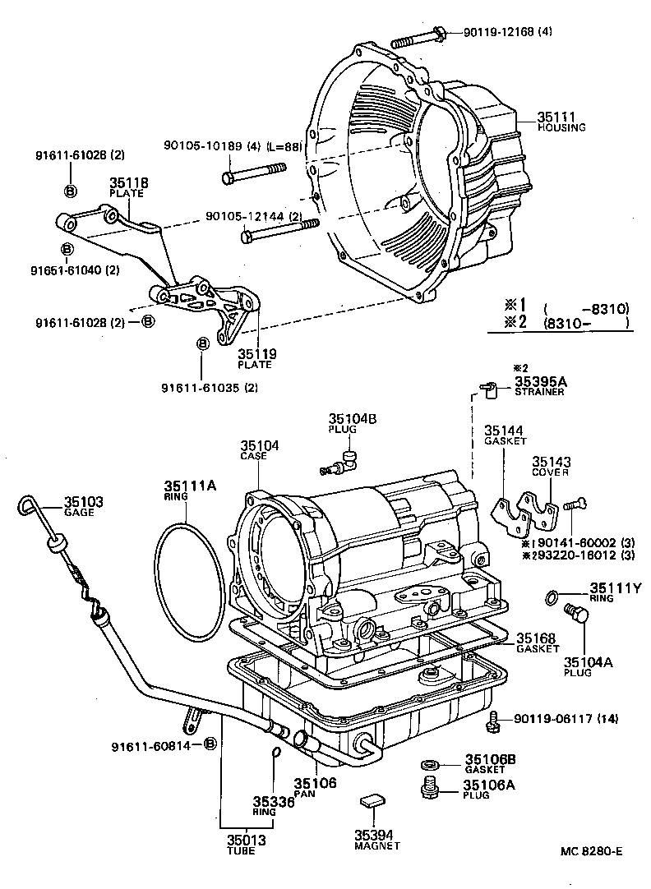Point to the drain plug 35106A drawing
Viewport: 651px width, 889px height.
[x=427, y=787]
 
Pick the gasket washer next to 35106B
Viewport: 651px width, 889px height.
[x=429, y=763]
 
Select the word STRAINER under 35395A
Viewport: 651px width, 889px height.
[x=539, y=392]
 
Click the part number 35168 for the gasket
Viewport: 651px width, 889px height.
[x=535, y=638]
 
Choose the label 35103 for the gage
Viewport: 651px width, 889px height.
[x=83, y=501]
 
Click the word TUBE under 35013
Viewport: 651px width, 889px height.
[x=242, y=850]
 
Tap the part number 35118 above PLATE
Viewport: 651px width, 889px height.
[x=128, y=182]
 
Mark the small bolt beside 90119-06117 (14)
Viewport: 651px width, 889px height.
[x=494, y=721]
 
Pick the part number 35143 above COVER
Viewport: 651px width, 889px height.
[x=551, y=463]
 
